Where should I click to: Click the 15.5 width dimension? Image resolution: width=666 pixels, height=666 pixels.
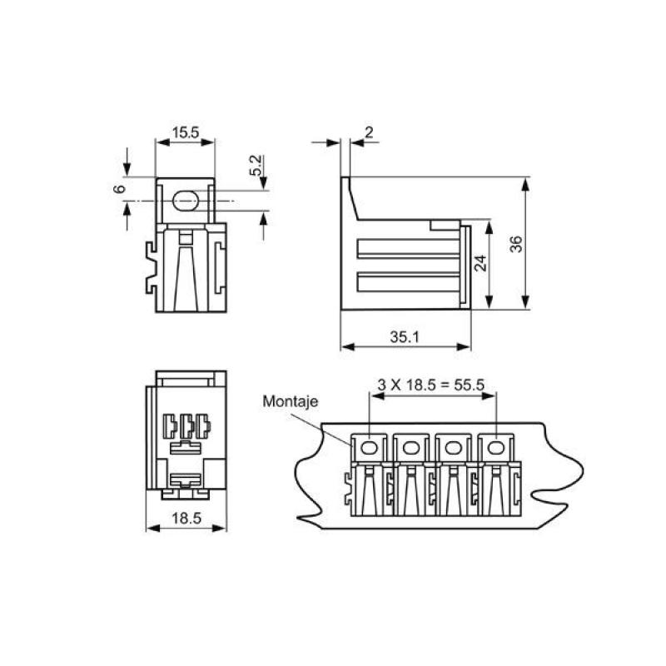coord(185,132)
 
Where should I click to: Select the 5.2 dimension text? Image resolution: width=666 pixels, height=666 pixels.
coord(256,164)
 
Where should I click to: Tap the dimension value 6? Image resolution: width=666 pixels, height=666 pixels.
coord(119,190)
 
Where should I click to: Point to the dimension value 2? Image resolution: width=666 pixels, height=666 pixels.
coord(369,132)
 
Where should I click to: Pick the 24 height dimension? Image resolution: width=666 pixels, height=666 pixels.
coord(480,265)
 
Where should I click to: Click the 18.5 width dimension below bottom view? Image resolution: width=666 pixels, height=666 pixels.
coord(186,518)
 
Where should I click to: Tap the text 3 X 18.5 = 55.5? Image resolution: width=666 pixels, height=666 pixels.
coord(431,385)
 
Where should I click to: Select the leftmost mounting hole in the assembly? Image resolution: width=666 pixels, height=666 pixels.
coord(367,449)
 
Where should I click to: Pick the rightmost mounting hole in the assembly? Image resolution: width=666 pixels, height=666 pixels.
coord(496,449)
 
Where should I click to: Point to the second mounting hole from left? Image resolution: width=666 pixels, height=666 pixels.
coord(410,449)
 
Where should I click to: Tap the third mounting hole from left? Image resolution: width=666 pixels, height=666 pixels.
coord(454,449)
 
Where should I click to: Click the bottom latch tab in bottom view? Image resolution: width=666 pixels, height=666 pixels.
coord(186,480)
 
